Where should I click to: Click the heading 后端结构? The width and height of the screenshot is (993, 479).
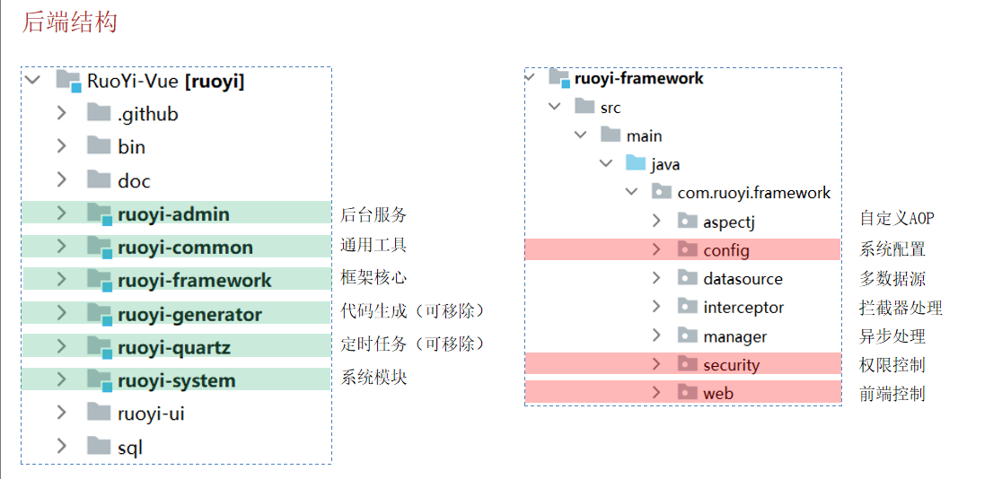69,22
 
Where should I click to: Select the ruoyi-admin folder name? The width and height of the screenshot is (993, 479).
173,214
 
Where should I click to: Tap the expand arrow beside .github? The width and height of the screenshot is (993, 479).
61,113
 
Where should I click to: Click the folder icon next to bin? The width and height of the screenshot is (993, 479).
99,146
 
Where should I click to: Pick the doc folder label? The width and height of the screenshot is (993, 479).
134,181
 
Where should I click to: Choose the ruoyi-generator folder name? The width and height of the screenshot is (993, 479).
189,314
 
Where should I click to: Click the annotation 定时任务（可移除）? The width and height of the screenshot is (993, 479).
412,344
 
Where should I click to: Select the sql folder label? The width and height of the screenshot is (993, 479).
130,447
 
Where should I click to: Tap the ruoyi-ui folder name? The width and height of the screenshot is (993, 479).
151,414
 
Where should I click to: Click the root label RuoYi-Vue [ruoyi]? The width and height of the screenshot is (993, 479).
166,82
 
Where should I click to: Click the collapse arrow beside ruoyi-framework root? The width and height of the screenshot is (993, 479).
531,78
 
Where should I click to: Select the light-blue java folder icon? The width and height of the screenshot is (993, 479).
636,163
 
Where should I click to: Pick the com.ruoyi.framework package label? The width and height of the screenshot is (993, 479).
754,193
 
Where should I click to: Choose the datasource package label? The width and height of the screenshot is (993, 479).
743,279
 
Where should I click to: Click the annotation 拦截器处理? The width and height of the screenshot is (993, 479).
901,308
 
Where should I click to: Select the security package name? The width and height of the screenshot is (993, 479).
731,365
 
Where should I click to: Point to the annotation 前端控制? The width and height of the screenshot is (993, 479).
892,394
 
